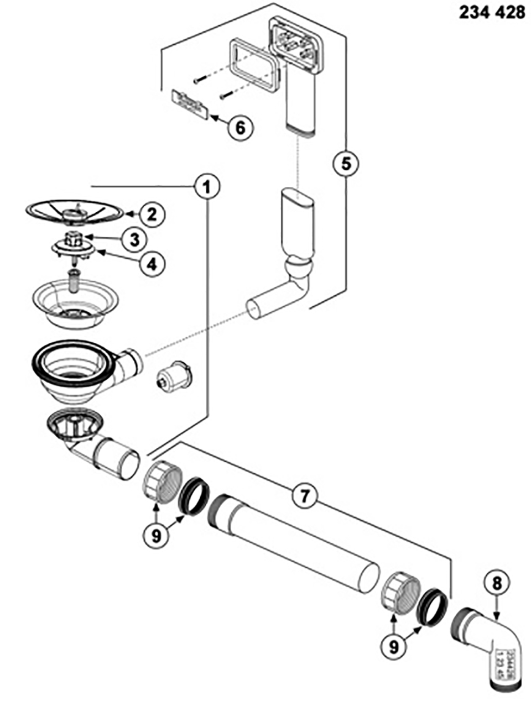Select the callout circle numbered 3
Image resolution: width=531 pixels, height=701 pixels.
134,239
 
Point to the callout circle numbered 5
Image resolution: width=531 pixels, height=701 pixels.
346,163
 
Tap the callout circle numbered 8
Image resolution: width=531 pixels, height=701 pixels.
496,583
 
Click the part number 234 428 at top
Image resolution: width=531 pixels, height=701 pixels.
492,12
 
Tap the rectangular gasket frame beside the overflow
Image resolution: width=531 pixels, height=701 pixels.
252,64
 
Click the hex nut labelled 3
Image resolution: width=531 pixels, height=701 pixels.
72,239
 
